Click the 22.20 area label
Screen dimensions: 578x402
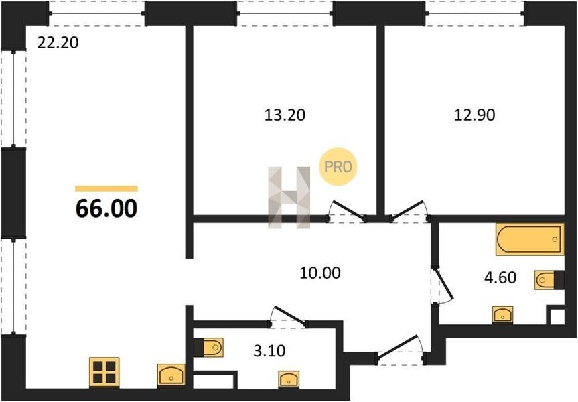[58, 43]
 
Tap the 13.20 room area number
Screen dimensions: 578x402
[285, 115]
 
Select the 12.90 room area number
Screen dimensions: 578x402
[475, 115]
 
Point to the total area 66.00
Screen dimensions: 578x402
[106, 208]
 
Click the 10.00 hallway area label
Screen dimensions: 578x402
[320, 273]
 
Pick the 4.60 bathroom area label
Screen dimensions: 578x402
[500, 277]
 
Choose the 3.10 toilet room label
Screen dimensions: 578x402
[269, 350]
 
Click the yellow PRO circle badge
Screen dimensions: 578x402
[338, 167]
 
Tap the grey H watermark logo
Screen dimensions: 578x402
[289, 197]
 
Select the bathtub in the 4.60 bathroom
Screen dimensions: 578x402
[530, 239]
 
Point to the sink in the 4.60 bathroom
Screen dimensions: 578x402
[503, 315]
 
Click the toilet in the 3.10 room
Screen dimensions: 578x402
[209, 348]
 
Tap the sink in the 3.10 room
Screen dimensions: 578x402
[289, 379]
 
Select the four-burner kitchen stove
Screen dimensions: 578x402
[104, 372]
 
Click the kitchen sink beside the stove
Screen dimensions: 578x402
[171, 375]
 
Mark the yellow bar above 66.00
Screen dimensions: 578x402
[106, 188]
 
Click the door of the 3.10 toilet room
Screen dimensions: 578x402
[289, 316]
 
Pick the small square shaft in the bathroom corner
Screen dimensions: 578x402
[557, 317]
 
